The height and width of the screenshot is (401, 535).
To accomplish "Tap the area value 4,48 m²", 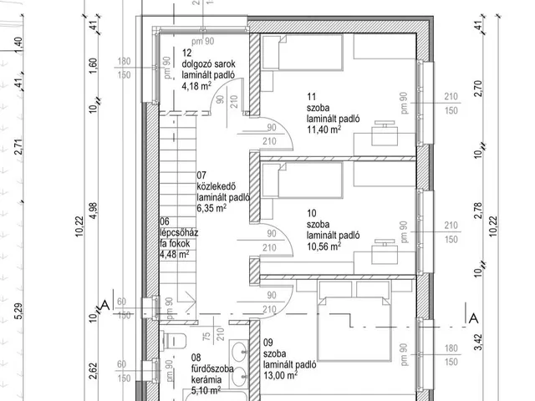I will (x=176, y=255).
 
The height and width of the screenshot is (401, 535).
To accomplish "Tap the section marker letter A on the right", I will (x=472, y=317).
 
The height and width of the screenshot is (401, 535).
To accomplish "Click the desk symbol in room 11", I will (x=385, y=130).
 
